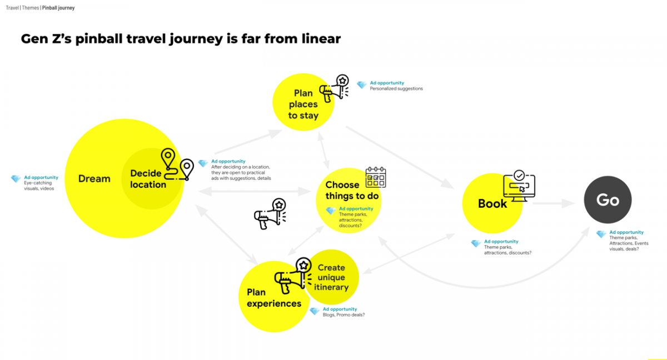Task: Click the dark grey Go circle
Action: coord(608,201)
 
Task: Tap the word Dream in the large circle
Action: coord(94,179)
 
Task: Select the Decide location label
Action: coord(148,179)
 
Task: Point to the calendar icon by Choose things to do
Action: coord(376,177)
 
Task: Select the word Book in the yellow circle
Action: coord(492,204)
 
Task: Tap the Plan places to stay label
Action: coord(303,104)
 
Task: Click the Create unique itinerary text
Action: coord(331,277)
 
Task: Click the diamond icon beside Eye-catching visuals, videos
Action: coord(16,179)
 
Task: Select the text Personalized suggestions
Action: coord(396,89)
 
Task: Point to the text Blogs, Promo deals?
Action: coord(344,315)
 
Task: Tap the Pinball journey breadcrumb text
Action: coord(58,8)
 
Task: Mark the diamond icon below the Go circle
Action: coord(601,234)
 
